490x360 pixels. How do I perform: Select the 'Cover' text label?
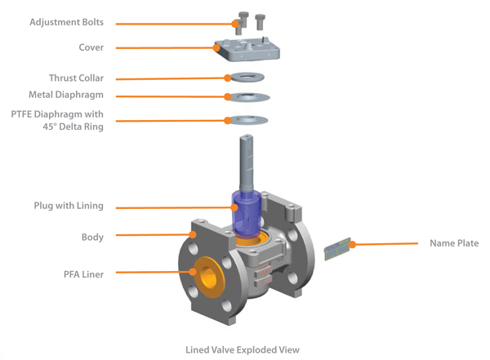[x=90, y=47]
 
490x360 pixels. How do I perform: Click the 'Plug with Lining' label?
[x=68, y=206]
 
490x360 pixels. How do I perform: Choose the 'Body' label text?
[x=91, y=237]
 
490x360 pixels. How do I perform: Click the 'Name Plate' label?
[x=454, y=243]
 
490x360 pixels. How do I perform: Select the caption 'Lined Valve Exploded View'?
[x=243, y=349]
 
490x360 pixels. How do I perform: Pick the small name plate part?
[x=340, y=249]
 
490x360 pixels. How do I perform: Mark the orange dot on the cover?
[x=217, y=48]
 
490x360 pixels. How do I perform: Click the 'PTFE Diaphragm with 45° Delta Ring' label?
[x=57, y=121]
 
